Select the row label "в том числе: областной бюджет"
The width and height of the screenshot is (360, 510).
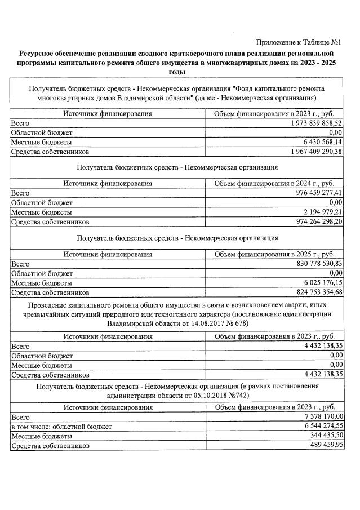click(x=61, y=426)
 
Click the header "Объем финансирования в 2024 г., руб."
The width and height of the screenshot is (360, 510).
click(x=274, y=183)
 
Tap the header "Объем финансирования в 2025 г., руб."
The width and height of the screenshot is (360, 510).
click(x=274, y=254)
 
